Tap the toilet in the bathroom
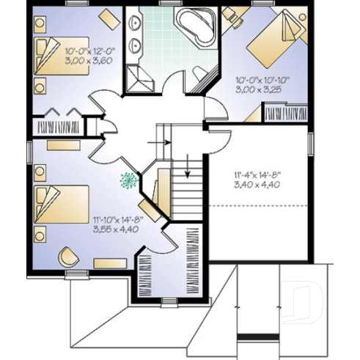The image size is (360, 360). (199, 73)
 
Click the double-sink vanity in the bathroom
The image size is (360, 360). (136, 35)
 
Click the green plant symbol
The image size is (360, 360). (129, 180)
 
